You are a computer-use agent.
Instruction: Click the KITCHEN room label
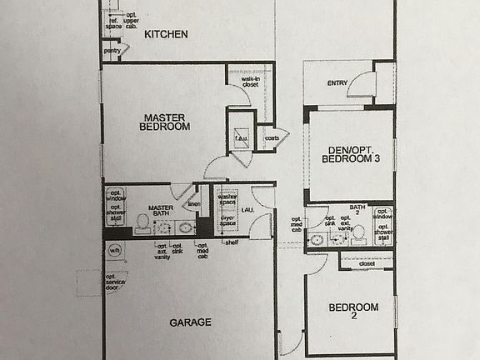point(166,34)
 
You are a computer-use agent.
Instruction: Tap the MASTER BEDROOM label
point(165,122)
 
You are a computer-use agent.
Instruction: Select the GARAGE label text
point(191,322)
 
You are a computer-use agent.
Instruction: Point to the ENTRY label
point(337,82)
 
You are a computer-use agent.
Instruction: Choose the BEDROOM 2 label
point(353,312)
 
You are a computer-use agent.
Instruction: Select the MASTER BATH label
point(160,212)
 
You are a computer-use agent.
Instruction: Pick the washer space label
point(227,201)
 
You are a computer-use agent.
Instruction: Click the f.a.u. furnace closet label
point(240,139)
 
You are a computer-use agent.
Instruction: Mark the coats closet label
point(272,138)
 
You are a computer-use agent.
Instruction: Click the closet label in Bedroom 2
point(367,264)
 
